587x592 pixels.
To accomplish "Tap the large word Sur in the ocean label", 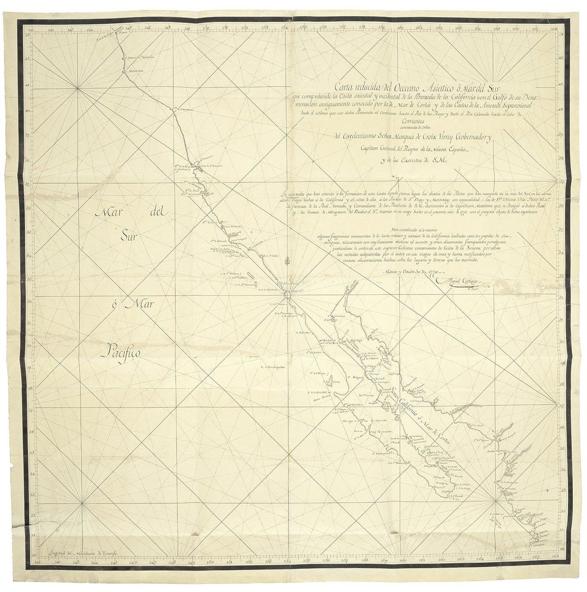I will (130, 237).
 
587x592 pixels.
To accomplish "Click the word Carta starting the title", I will (340, 88).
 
